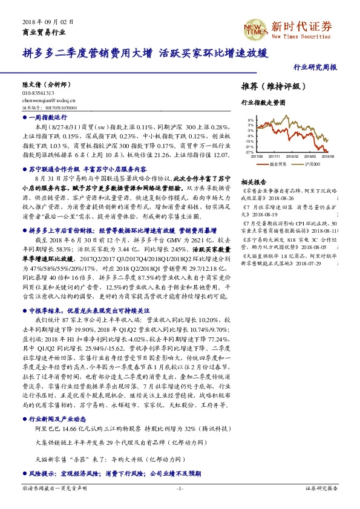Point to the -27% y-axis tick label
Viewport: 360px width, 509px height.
[249, 152]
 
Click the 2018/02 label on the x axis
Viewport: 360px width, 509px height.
[293, 155]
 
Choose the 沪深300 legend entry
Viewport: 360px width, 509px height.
[312, 164]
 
